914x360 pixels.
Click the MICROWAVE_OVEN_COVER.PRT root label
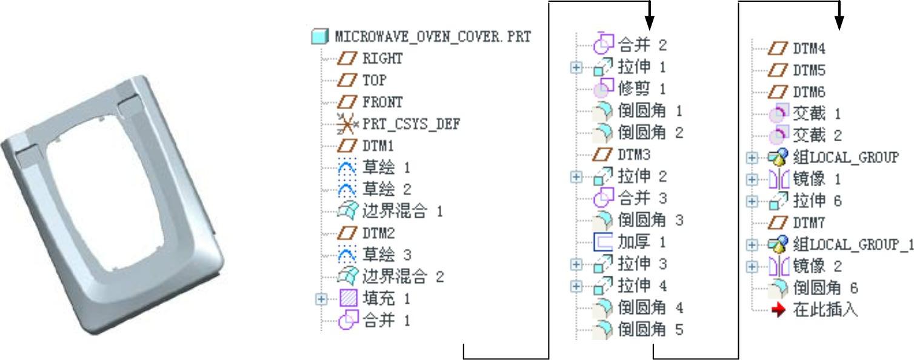pos(432,37)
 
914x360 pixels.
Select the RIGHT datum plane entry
pos(382,59)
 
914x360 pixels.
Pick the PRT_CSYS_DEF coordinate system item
pos(411,124)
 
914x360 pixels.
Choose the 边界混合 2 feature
pos(402,277)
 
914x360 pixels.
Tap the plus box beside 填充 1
pos(321,298)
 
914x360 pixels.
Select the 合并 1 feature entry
pos(386,321)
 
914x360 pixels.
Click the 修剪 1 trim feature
pos(641,89)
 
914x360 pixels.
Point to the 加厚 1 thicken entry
pos(641,242)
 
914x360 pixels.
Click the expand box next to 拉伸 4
pos(576,285)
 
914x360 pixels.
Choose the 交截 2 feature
pos(816,135)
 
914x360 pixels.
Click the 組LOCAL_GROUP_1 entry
pos(852,244)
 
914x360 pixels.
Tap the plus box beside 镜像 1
pos(752,179)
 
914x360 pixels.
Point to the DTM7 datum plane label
pos(809,222)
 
